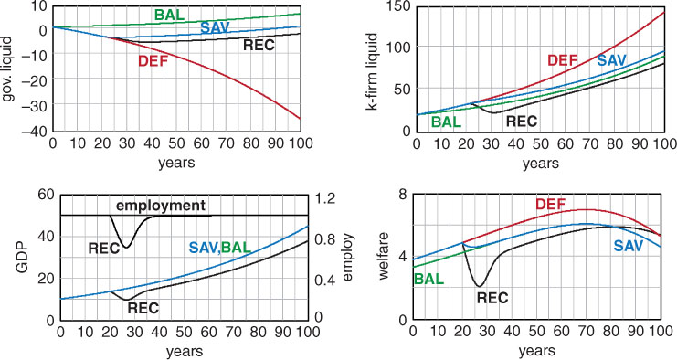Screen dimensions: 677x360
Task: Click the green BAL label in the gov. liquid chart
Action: coord(169,16)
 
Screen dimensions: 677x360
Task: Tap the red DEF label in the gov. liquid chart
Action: coord(153,62)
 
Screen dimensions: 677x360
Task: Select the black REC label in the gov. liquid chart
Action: coord(259,45)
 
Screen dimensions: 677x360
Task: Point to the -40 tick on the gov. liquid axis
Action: coord(37,132)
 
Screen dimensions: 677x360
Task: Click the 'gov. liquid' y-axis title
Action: coord(9,69)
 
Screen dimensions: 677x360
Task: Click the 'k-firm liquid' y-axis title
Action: coord(372,71)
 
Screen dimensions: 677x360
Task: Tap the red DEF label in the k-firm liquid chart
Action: coord(563,60)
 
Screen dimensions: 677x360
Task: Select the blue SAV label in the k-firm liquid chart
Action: coord(611,60)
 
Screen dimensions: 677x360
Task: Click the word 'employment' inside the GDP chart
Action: coord(161,206)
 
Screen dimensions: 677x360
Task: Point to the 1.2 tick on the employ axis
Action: coord(323,199)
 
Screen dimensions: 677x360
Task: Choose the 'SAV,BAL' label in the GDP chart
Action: coord(220,248)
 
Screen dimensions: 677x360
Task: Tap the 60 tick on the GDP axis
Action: coord(47,195)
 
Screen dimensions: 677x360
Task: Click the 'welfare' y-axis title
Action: coord(385,256)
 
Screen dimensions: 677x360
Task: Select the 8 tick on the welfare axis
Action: coord(403,195)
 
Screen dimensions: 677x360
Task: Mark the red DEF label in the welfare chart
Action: coord(551,204)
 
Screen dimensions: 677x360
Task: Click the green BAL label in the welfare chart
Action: coord(429,280)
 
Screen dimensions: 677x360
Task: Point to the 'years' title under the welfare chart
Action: coord(536,350)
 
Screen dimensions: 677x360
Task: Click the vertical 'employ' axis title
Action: coord(348,258)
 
